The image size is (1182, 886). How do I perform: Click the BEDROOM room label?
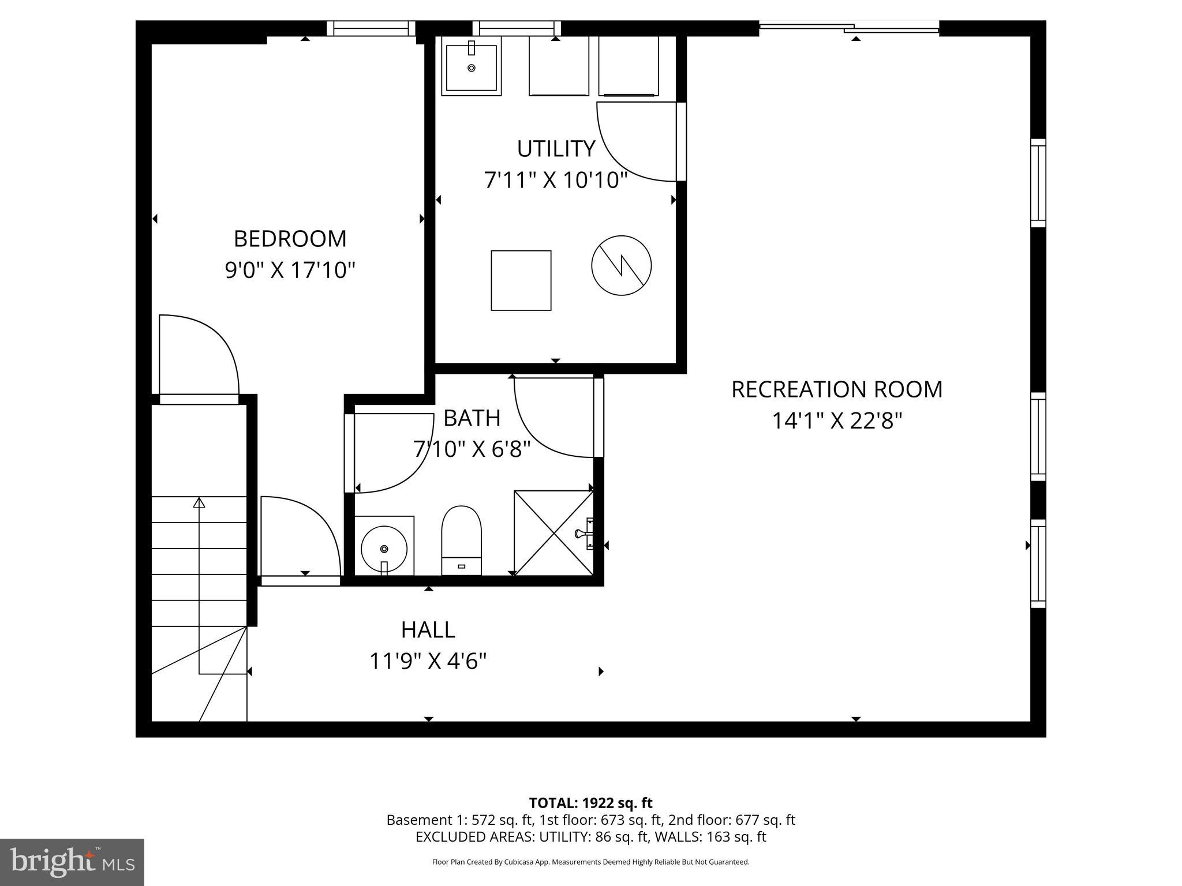point(290,239)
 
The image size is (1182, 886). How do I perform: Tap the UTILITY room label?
point(556,149)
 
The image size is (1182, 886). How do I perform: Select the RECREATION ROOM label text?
point(836,389)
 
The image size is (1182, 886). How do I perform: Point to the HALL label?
point(428,630)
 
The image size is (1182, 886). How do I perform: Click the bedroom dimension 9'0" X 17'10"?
point(290,270)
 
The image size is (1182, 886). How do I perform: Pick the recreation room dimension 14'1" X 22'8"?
point(836,421)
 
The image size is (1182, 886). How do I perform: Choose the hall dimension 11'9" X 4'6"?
point(428,661)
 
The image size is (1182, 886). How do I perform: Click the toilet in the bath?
point(461,540)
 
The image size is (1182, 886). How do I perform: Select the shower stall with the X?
point(553,532)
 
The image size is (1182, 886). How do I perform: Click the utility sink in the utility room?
point(471,67)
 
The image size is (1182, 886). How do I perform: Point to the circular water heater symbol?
point(621,265)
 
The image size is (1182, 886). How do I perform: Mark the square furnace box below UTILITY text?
point(521,280)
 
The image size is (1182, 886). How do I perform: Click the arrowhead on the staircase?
point(199,502)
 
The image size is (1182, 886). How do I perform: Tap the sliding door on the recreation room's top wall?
point(848,27)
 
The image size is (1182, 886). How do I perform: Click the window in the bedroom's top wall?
point(371,28)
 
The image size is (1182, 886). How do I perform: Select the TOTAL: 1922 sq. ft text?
point(590,803)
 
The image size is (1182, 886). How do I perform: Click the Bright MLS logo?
point(72,862)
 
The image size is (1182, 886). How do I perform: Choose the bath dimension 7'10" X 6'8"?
point(472,449)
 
